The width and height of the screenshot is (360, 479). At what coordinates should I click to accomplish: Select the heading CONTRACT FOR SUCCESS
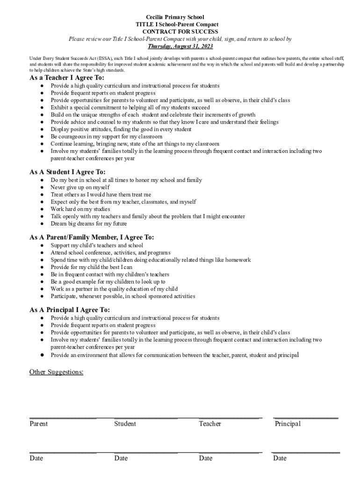pyautogui.click(x=180, y=32)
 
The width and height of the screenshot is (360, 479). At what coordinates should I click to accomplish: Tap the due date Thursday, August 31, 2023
pyautogui.click(x=180, y=47)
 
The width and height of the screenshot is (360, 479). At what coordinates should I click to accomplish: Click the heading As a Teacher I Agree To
pyautogui.click(x=67, y=78)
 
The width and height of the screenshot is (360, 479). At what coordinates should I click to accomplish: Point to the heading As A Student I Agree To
pyautogui.click(x=67, y=172)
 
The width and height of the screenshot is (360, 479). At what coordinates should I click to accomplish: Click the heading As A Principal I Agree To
pyautogui.click(x=70, y=310)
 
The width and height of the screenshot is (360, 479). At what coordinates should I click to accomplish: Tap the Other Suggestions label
pyautogui.click(x=57, y=372)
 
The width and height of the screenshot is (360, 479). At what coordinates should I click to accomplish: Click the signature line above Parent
pyautogui.click(x=63, y=418)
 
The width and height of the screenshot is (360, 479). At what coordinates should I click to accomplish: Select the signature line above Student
pyautogui.click(x=146, y=418)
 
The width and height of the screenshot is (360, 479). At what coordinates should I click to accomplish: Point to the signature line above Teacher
pyautogui.click(x=230, y=418)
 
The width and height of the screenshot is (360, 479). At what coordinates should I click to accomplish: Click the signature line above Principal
pyautogui.click(x=306, y=418)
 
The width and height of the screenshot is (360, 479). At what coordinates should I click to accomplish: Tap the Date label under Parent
pyautogui.click(x=36, y=458)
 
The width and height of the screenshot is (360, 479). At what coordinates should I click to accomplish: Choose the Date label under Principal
pyautogui.click(x=280, y=458)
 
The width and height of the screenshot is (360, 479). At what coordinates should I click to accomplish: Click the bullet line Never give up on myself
pyautogui.click(x=80, y=187)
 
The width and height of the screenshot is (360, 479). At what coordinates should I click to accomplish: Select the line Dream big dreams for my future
pyautogui.click(x=88, y=224)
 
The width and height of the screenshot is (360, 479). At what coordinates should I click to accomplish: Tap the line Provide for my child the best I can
pyautogui.click(x=91, y=267)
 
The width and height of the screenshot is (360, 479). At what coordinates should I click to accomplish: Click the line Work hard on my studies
pyautogui.click(x=80, y=209)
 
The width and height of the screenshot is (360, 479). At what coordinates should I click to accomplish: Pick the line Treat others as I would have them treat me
pyautogui.click(x=101, y=195)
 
